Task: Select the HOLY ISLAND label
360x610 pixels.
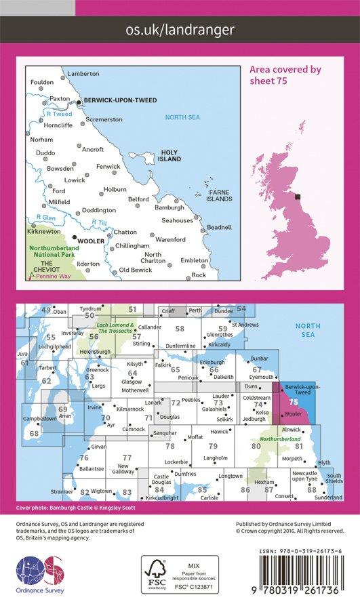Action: click(169, 155)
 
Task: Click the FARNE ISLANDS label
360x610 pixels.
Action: click(219, 195)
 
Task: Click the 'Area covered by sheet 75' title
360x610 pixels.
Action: click(285, 75)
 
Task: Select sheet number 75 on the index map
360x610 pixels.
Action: click(292, 401)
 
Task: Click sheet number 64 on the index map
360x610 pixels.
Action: click(133, 373)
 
